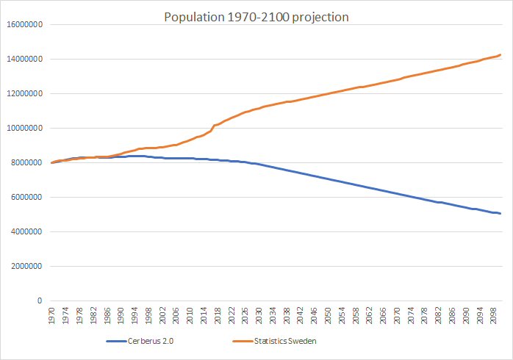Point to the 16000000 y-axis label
coord(25,24)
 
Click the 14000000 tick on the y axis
coord(25,59)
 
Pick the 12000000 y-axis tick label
coord(25,93)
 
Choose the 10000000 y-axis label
coord(25,128)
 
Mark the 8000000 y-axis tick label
coord(27,162)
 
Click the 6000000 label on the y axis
coord(27,197)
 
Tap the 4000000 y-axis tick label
coord(27,231)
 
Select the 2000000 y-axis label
coord(27,266)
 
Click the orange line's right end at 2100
coord(501,55)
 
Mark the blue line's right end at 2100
coord(501,214)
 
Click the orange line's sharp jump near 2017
coord(213,127)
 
